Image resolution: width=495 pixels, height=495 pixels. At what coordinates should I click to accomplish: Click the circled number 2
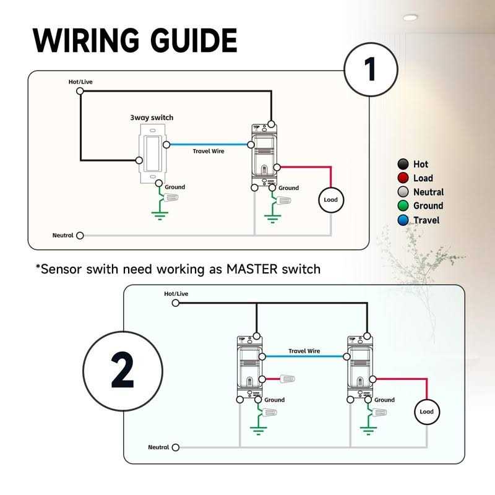[123, 371]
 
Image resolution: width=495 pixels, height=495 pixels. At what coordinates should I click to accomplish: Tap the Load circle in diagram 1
[330, 200]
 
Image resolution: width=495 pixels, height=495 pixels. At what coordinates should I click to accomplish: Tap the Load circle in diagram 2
[426, 411]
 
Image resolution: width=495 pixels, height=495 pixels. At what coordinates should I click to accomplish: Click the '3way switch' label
[152, 118]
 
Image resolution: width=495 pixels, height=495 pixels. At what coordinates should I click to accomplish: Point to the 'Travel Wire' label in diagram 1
[209, 151]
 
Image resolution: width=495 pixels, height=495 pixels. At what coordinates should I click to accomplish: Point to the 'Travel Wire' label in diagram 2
[304, 351]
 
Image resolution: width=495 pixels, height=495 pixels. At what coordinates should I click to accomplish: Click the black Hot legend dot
[403, 164]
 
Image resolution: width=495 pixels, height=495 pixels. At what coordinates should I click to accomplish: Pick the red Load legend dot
[403, 178]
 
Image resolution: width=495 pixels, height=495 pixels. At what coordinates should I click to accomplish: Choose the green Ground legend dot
[403, 206]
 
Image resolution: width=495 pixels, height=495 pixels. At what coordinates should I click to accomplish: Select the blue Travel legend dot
[403, 220]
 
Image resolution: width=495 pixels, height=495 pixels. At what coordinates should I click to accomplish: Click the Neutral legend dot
[403, 192]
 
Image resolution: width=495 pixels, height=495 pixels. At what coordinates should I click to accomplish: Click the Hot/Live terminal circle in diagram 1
[80, 91]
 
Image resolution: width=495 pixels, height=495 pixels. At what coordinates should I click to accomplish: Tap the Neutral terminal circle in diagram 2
[176, 447]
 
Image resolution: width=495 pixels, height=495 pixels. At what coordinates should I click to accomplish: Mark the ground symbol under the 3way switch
[160, 215]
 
